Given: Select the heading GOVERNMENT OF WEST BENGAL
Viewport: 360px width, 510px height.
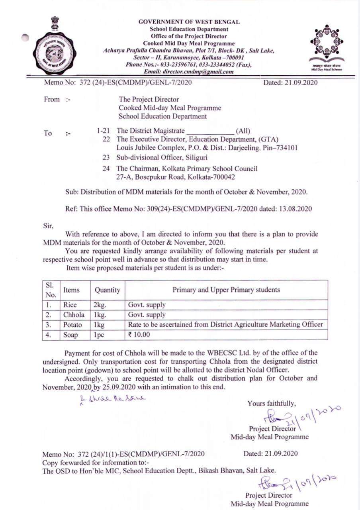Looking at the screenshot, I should pos(189,22).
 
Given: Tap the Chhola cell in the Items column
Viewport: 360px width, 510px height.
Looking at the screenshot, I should pos(74,315).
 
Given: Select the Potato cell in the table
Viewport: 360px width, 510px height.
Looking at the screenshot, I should pos(72,325).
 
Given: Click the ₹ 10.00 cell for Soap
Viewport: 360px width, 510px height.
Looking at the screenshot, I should pos(139,335).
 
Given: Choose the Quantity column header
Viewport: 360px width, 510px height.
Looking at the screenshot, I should pos(107,290).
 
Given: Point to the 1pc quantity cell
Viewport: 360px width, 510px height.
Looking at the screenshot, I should pos(99,335).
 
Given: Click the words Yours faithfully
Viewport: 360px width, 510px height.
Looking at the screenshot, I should pos(272,403).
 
